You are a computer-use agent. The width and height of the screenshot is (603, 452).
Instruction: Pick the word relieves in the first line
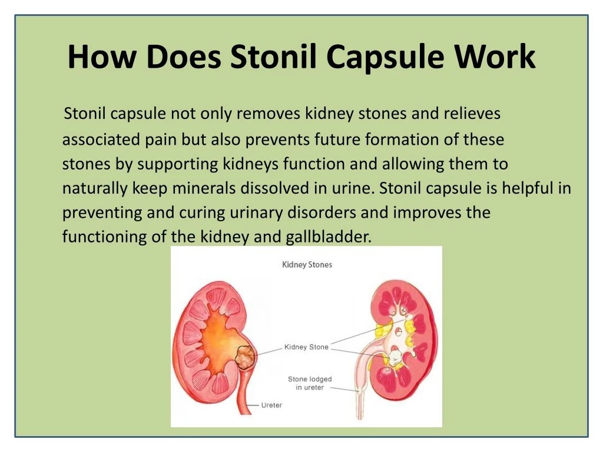coord(472,114)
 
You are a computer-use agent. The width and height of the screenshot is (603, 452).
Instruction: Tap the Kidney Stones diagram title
coord(307,265)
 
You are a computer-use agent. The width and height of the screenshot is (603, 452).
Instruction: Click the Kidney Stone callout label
coord(306,347)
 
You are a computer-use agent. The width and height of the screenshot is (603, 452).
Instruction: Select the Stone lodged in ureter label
coord(310,383)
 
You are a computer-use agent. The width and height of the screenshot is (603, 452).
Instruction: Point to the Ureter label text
coord(271,405)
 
